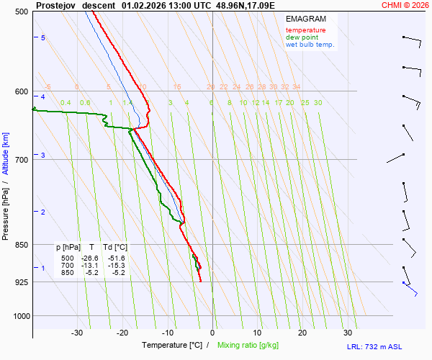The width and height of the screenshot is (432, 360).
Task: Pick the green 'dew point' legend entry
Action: pyautogui.click(x=302, y=37)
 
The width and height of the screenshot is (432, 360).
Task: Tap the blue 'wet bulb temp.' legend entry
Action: pyautogui.click(x=310, y=45)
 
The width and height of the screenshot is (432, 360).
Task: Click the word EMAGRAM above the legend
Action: pyautogui.click(x=305, y=19)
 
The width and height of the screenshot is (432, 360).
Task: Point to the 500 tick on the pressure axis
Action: pyautogui.click(x=21, y=12)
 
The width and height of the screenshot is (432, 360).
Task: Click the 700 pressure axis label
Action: pyautogui.click(x=21, y=160)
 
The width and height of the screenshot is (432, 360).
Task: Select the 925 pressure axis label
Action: pyautogui.click(x=21, y=282)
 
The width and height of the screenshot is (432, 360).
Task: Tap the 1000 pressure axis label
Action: pyautogui.click(x=19, y=316)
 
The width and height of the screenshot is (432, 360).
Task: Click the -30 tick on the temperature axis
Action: pyautogui.click(x=77, y=333)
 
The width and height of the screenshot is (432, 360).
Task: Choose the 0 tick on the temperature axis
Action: pyautogui.click(x=212, y=333)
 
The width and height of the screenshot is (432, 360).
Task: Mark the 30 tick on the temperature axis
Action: pyautogui.click(x=348, y=333)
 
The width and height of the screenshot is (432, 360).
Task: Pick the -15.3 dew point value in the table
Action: pyautogui.click(x=116, y=266)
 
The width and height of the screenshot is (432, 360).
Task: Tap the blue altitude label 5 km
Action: pyautogui.click(x=43, y=37)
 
